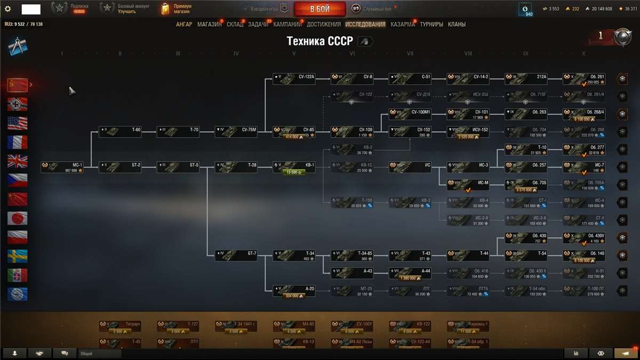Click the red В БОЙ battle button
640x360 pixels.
coord(319,9)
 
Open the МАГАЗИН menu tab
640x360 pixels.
coord(209,24)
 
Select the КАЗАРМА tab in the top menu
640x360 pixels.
coord(402,24)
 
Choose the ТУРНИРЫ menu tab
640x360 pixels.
coord(431,24)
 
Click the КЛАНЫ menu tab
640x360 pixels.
coord(457,24)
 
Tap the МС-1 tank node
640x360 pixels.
coord(63,167)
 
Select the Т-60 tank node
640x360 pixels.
coord(121,132)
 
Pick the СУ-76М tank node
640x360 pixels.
coord(236,132)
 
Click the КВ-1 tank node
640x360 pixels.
coord(294,167)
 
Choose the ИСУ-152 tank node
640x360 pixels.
coord(468,132)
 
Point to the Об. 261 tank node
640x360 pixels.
coord(585,79)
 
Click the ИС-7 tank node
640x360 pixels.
coord(585,167)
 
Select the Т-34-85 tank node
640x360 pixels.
coord(352,255)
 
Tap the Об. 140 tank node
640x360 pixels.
coord(585,255)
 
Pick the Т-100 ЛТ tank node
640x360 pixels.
coord(585,290)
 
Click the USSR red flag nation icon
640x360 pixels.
coord(17,84)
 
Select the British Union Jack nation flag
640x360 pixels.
coord(17,161)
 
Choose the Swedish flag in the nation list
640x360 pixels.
coord(17,256)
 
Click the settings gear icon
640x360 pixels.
coord(7,9)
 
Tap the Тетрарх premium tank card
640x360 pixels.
coord(121,326)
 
